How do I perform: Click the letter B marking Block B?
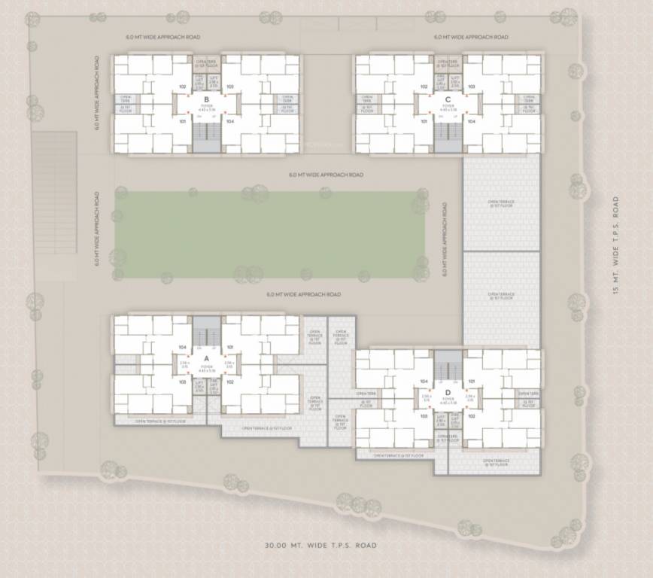pos(205,99)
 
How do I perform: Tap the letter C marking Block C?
pos(448,99)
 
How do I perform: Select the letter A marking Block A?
pos(205,358)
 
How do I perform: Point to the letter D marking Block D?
pos(448,392)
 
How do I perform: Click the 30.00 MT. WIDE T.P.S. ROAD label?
pos(320,546)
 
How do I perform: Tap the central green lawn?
pos(269,233)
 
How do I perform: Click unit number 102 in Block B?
pos(183,87)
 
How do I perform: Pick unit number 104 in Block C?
pos(472,120)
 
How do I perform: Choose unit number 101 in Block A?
pos(229,347)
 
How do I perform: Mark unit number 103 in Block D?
pos(424,415)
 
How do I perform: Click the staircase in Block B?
pos(205,136)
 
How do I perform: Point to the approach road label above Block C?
pos(471,37)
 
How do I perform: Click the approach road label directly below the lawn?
pos(304,294)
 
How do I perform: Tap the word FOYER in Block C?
pos(448,107)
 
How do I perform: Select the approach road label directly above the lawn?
pos(326,175)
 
